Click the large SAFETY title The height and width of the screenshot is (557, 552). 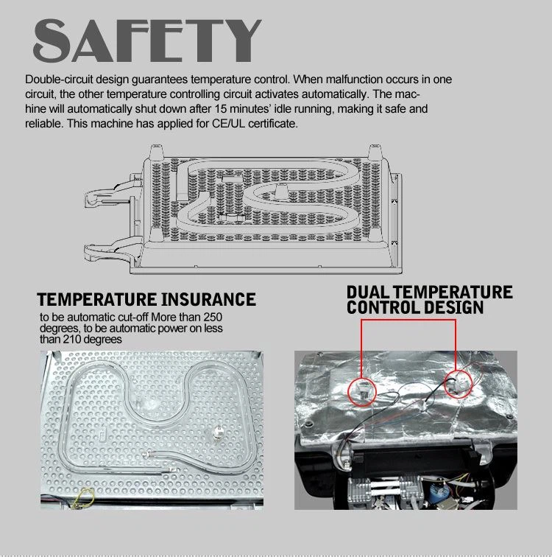tap(147, 40)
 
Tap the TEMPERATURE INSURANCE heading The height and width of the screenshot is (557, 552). tap(146, 299)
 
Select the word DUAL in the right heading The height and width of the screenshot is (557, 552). tap(367, 292)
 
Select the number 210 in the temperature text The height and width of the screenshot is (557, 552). tap(73, 339)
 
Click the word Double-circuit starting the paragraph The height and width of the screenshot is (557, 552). tap(59, 80)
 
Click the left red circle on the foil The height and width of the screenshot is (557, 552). tap(362, 391)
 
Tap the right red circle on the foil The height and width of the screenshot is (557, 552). tap(459, 384)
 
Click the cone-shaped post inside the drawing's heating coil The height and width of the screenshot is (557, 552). tap(281, 191)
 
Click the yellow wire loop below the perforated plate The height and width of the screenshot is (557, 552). tap(84, 497)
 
